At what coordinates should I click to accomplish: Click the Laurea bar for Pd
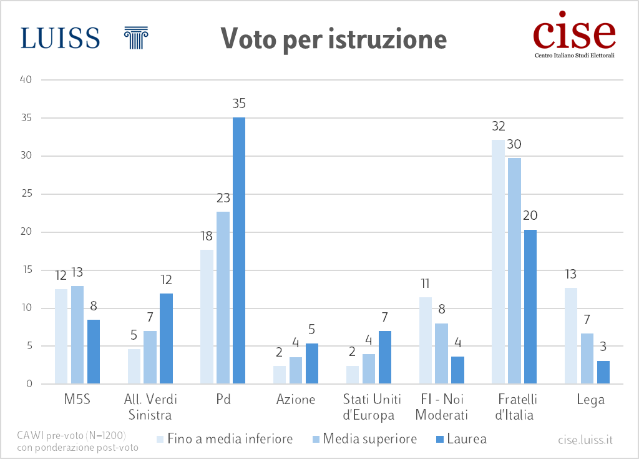[x=239, y=250]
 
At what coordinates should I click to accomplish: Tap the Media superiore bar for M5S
[x=77, y=335]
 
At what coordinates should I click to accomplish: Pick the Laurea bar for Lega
[x=603, y=372]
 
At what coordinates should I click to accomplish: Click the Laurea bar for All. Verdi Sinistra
[x=166, y=338]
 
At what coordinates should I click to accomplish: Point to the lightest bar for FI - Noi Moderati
[x=426, y=340]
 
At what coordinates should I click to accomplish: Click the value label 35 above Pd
[x=239, y=104]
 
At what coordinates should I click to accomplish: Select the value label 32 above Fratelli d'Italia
[x=498, y=127]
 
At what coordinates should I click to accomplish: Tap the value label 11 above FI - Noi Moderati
[x=426, y=284]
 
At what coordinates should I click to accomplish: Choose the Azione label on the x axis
[x=296, y=400]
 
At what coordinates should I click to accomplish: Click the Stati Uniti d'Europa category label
[x=369, y=407]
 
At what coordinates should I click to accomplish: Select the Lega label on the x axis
[x=590, y=400]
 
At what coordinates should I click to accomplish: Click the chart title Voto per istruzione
[x=333, y=39]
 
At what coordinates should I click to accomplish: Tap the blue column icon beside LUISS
[x=136, y=37]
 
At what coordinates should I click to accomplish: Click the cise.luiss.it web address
[x=585, y=440]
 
